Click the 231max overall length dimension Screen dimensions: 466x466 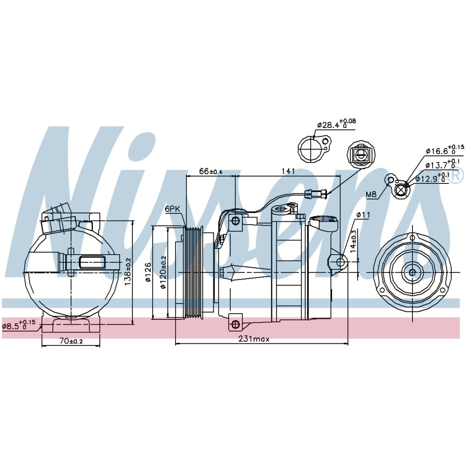click(254, 339)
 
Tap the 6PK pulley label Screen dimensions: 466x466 click(172, 209)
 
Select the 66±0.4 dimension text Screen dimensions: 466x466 click(210, 171)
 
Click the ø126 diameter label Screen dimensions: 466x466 click(149, 271)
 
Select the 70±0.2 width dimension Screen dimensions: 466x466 click(71, 341)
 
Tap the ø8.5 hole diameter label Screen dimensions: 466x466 click(19, 324)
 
